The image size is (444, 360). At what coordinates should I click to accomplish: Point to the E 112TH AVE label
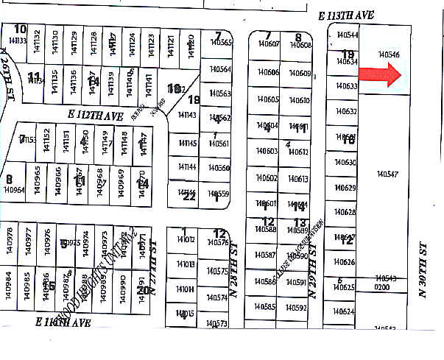tap(95, 116)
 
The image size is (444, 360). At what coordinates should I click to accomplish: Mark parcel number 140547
tap(387, 174)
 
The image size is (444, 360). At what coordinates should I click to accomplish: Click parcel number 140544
tap(347, 35)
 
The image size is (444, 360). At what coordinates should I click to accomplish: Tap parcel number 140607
tap(268, 45)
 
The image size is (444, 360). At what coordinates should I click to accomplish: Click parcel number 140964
tap(14, 189)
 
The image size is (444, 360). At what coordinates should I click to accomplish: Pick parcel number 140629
tap(345, 188)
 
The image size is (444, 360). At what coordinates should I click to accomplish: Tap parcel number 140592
tap(296, 307)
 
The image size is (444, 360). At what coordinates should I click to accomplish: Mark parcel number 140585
tap(265, 307)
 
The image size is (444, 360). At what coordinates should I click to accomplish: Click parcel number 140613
tap(298, 179)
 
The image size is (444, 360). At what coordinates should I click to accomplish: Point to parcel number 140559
tap(219, 194)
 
